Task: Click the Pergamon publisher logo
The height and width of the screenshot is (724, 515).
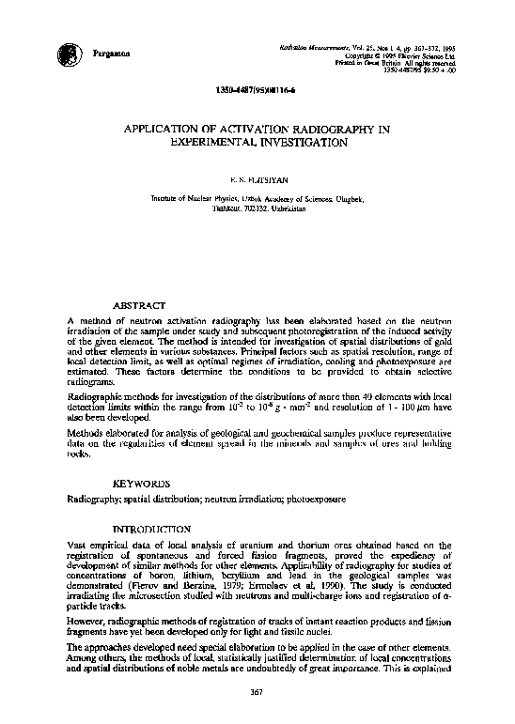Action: tap(69, 53)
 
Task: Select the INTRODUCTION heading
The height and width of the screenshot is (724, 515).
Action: tap(152, 530)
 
